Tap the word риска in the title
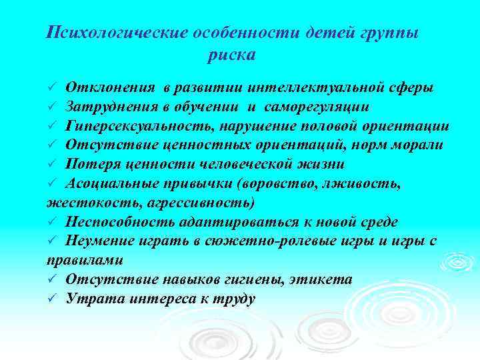231,55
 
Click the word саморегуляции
318,107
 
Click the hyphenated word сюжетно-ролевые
267,240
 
